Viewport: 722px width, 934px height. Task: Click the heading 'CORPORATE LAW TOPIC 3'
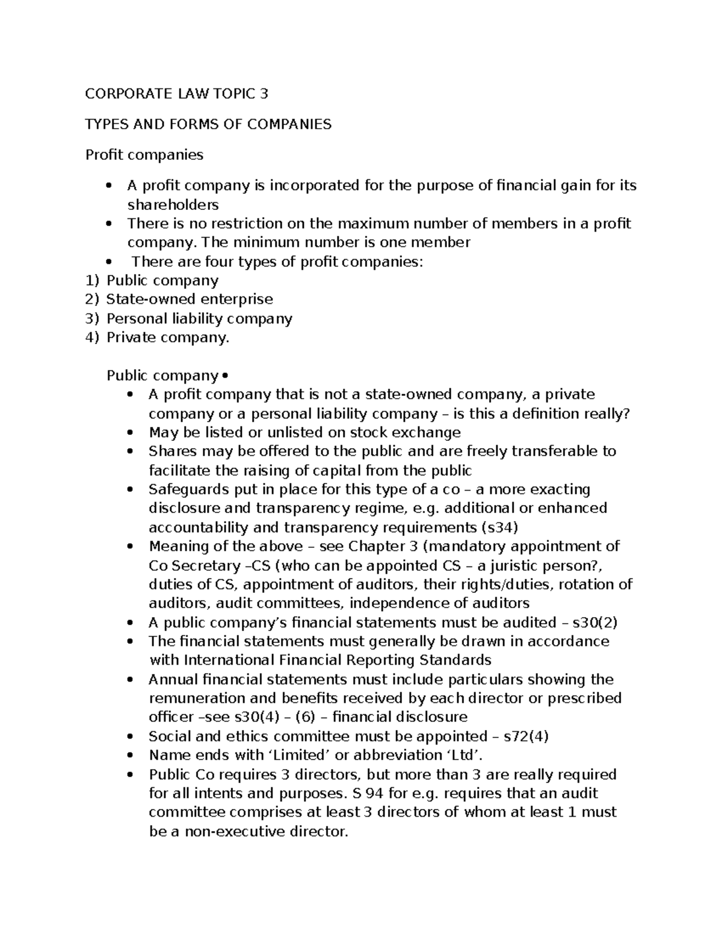coord(176,94)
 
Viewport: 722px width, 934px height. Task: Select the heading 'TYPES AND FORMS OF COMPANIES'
coord(208,124)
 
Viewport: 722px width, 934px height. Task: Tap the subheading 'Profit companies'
coord(144,155)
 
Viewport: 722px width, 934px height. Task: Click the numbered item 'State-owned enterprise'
coord(190,300)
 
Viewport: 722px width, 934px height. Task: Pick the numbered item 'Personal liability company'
coord(199,319)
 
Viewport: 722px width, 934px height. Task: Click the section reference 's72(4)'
coord(526,737)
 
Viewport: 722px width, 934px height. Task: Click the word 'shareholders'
coord(173,205)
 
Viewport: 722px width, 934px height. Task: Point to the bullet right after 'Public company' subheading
coord(225,376)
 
